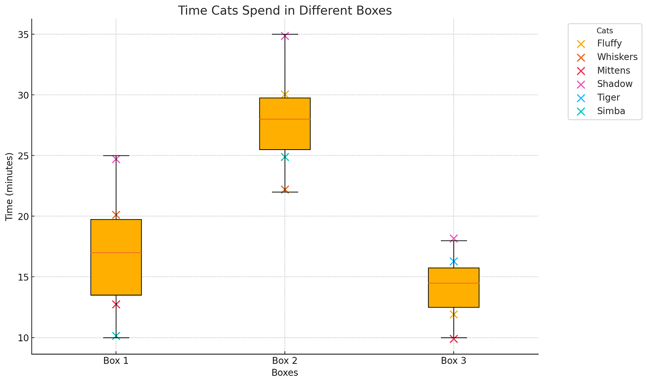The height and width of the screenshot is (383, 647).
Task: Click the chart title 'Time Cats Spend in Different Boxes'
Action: pos(285,11)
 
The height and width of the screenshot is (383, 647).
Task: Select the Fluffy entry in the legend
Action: pos(609,43)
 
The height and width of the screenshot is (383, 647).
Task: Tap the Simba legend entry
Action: pos(611,111)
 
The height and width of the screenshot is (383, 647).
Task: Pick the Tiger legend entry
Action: pos(609,98)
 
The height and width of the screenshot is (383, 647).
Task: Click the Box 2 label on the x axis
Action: pos(285,361)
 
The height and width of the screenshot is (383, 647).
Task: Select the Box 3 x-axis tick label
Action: pos(453,361)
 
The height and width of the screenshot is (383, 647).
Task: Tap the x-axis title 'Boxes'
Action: pos(285,373)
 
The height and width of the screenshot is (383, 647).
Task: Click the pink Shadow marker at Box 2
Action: pos(285,36)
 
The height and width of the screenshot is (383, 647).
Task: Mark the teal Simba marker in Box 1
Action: pos(116,336)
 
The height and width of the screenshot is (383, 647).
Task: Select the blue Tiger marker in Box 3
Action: pos(453,261)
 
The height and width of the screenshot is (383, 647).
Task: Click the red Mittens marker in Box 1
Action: pos(116,304)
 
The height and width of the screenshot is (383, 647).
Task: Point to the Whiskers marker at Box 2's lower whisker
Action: pos(285,190)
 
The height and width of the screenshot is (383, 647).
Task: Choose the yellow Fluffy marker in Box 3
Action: pos(453,315)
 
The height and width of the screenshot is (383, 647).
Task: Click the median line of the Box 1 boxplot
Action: pos(116,253)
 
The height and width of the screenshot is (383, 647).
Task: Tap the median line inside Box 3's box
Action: pos(453,283)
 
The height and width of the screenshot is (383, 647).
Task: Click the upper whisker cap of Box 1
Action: pos(116,156)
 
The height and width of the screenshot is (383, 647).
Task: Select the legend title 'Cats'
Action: pos(605,31)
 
